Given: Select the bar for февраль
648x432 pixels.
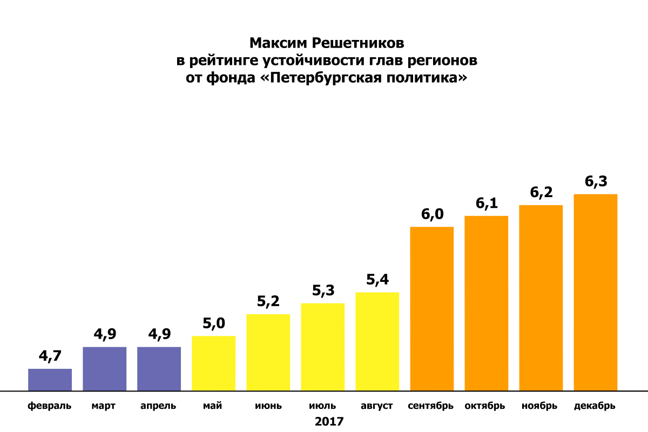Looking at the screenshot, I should (50, 380).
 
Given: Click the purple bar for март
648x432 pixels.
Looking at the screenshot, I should (104, 369).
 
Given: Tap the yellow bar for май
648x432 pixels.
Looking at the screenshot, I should (213, 363).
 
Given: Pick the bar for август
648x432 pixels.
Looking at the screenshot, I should (377, 341).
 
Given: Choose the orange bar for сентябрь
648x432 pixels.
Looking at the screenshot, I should (431, 308).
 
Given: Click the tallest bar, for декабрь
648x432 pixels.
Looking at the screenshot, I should (595, 292).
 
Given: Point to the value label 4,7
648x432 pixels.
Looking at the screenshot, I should (50, 356).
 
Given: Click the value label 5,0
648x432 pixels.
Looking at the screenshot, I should (213, 323).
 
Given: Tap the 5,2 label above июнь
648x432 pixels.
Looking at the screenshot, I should (268, 301).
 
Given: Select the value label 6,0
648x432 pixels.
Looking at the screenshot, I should (431, 214).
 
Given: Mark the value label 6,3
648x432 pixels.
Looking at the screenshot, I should (595, 181).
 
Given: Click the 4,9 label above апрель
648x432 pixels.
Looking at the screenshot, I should (159, 334).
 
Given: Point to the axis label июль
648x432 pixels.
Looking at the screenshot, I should (322, 406).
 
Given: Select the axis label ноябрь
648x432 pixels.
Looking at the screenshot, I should (540, 406).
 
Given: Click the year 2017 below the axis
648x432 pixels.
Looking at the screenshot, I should (329, 421).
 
